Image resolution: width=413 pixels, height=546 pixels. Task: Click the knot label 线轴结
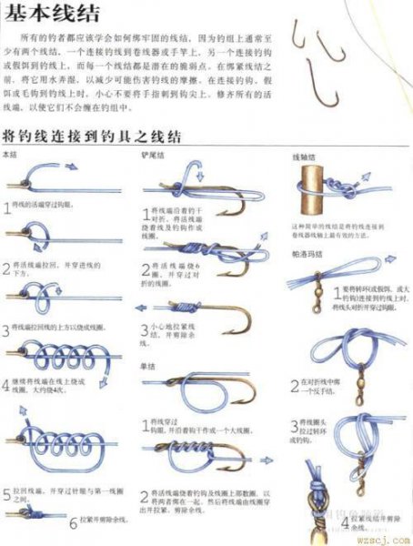click(x=302, y=157)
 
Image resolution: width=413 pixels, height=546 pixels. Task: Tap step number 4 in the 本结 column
click(x=7, y=384)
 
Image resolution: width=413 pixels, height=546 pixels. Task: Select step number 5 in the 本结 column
click(x=7, y=495)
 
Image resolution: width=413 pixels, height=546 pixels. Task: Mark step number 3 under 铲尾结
click(x=145, y=333)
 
